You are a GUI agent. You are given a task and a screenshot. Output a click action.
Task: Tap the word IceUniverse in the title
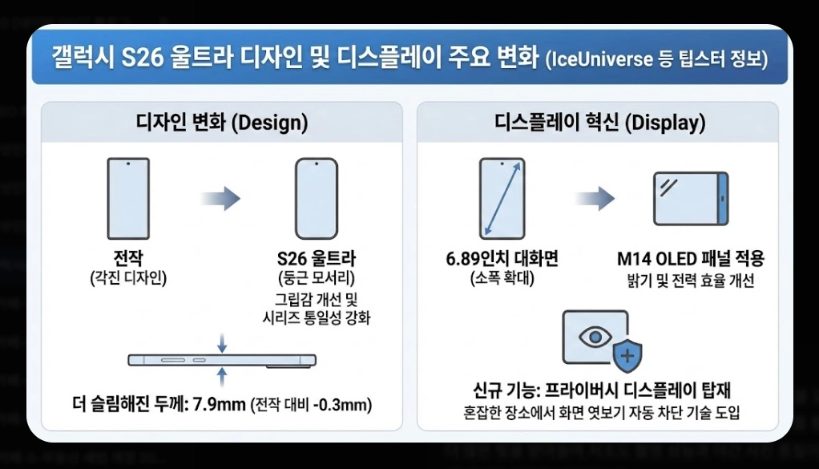(x=601, y=60)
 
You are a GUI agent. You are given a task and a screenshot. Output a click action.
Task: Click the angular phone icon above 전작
(x=127, y=198)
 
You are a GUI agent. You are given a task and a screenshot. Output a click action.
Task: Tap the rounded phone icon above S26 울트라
(x=316, y=198)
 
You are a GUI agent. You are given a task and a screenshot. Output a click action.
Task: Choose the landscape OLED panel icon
(x=690, y=198)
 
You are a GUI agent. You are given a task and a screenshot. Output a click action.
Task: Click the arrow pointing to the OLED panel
(x=595, y=198)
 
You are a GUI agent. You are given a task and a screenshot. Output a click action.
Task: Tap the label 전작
(x=128, y=259)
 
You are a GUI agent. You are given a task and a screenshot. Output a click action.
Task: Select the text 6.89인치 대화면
(x=502, y=259)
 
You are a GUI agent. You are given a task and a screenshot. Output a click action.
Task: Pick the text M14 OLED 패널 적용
(x=691, y=259)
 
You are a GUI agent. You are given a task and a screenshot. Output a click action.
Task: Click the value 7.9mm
(x=219, y=402)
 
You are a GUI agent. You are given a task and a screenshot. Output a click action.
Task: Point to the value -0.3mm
(x=344, y=402)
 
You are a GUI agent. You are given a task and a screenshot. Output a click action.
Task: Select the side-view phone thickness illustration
(x=222, y=361)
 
